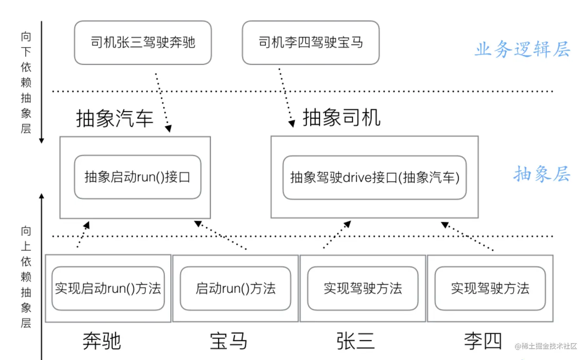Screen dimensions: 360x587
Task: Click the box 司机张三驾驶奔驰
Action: pyautogui.click(x=143, y=42)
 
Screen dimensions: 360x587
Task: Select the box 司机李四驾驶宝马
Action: pyautogui.click(x=311, y=42)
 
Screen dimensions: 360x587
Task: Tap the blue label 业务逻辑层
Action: pyautogui.click(x=522, y=49)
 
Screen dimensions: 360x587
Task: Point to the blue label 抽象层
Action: pyautogui.click(x=542, y=174)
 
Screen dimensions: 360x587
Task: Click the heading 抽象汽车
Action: pyautogui.click(x=115, y=118)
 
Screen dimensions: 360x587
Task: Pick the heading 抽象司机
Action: pyautogui.click(x=341, y=117)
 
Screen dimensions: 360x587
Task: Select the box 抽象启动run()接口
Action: pyautogui.click(x=137, y=177)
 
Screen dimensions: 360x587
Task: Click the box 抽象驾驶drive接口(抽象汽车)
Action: pyautogui.click(x=374, y=177)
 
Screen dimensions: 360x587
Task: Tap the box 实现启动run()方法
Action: pyautogui.click(x=108, y=288)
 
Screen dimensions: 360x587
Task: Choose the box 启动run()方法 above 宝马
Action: pyautogui.click(x=235, y=288)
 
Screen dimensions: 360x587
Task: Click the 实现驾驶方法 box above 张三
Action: pyautogui.click(x=363, y=288)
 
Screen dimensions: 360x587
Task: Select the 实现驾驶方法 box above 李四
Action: pyautogui.click(x=490, y=288)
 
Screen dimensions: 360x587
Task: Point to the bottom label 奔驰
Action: pyautogui.click(x=102, y=341)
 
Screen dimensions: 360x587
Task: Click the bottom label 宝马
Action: pyautogui.click(x=229, y=341)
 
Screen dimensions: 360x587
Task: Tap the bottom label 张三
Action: pyautogui.click(x=356, y=341)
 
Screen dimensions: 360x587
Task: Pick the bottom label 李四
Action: pyautogui.click(x=483, y=341)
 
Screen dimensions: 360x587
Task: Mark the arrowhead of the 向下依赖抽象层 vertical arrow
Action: pyautogui.click(x=42, y=141)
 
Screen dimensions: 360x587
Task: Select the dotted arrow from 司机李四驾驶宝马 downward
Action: pyautogui.click(x=285, y=97)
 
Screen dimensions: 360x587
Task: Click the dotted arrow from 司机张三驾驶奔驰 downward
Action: pyautogui.click(x=162, y=101)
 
